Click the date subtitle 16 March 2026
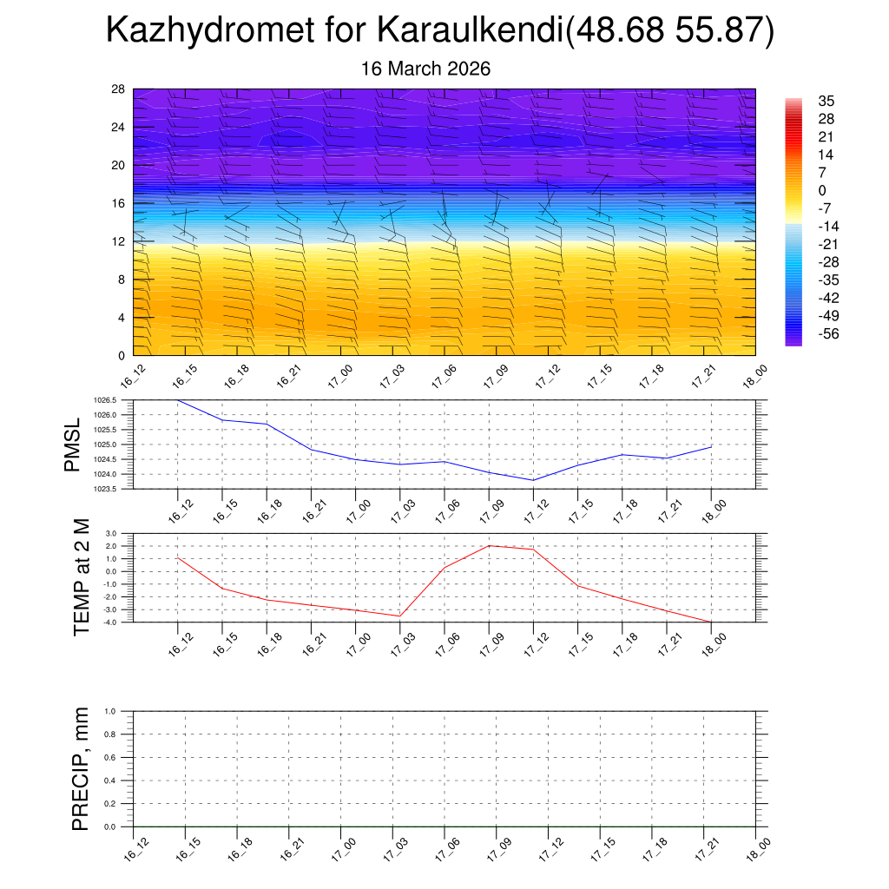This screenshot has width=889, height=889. click(x=425, y=69)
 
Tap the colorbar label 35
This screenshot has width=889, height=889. click(x=826, y=102)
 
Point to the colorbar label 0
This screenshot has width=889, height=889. click(x=821, y=190)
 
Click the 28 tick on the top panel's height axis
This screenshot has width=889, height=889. click(x=119, y=89)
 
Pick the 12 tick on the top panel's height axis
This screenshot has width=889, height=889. click(x=119, y=241)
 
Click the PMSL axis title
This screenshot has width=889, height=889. click(x=73, y=445)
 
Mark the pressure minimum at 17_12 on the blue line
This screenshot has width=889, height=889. click(x=533, y=480)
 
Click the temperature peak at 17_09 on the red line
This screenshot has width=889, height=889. click(x=489, y=545)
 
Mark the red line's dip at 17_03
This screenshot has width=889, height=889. click(x=399, y=616)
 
